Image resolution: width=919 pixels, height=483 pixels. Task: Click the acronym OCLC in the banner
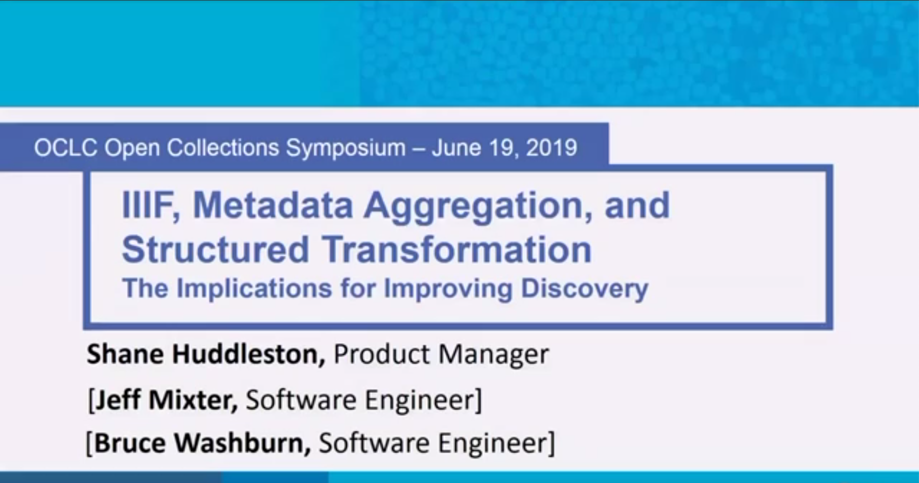tap(65, 148)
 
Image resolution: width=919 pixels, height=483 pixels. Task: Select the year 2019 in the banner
tap(552, 148)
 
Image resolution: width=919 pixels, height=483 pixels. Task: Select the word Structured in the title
tap(215, 249)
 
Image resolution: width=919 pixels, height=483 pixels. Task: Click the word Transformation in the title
tap(457, 249)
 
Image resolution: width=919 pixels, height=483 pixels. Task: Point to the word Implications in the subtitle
tap(254, 289)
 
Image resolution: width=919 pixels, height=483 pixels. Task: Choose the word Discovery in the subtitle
tap(584, 289)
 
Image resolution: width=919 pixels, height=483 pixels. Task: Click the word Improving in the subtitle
tap(448, 289)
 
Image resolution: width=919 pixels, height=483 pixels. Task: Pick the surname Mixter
tap(193, 400)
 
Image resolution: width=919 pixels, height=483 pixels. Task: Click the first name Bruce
tap(130, 443)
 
